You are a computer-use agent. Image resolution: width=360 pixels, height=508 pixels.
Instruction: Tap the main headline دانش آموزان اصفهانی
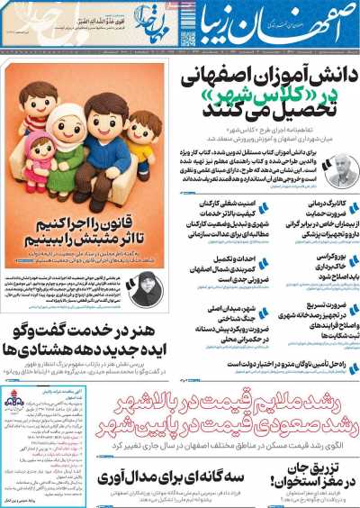click(270, 81)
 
